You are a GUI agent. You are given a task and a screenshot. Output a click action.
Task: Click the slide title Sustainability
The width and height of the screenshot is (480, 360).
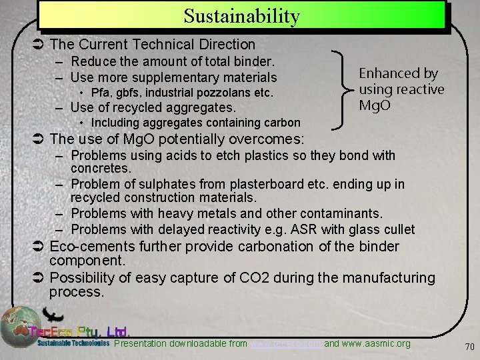click(x=241, y=15)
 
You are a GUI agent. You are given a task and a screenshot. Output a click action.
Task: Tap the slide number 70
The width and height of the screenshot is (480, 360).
click(x=469, y=346)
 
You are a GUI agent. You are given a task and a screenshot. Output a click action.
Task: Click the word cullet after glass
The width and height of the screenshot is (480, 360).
click(x=397, y=229)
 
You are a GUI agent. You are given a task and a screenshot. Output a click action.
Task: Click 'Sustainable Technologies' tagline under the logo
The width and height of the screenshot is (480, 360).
click(x=73, y=344)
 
